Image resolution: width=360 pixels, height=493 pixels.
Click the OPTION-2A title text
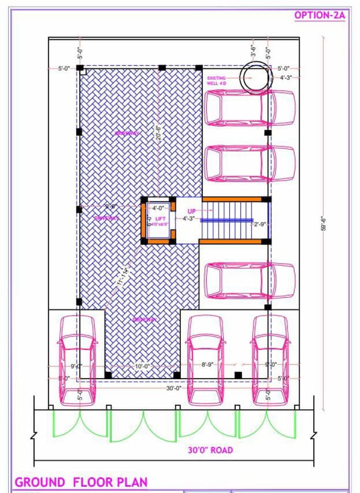(x=319, y=15)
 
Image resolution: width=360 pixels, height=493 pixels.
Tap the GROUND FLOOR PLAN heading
(x=81, y=482)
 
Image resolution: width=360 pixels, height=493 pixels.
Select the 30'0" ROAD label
(x=210, y=450)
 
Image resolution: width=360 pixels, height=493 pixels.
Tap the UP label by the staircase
(x=191, y=211)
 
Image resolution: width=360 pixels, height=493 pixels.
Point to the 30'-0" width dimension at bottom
(x=173, y=388)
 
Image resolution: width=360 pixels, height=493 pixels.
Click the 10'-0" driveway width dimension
(x=143, y=366)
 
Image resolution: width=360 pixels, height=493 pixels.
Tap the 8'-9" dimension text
(x=207, y=365)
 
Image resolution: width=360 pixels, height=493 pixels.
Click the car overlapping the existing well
(x=250, y=108)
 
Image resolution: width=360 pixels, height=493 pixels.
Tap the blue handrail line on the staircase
(x=226, y=220)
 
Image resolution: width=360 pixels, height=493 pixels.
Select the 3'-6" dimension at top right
(x=253, y=50)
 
